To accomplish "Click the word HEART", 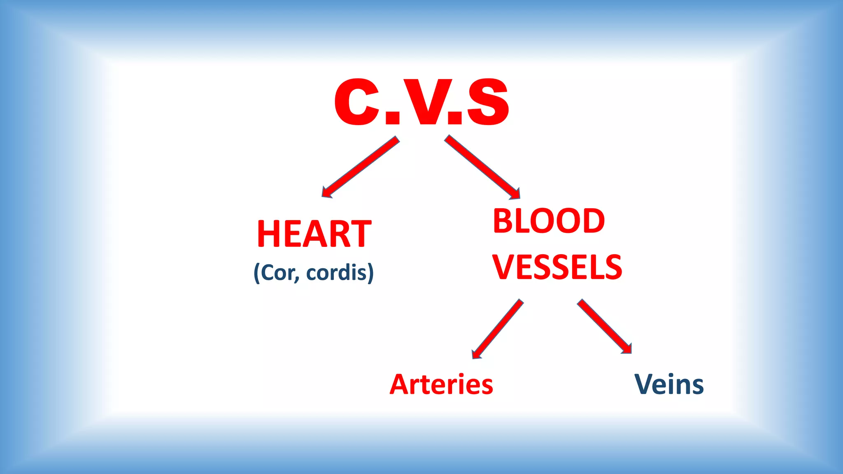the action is pyautogui.click(x=314, y=234).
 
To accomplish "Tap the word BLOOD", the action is pyautogui.click(x=549, y=221).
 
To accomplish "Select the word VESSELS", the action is pyautogui.click(x=557, y=267).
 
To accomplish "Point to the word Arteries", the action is pyautogui.click(x=441, y=384).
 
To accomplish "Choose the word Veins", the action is pyautogui.click(x=669, y=384).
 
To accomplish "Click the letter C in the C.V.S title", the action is pyautogui.click(x=356, y=102).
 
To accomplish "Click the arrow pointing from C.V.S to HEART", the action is pyautogui.click(x=361, y=167).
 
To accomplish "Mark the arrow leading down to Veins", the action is pyautogui.click(x=604, y=326).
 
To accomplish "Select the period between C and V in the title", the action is pyautogui.click(x=393, y=118).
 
